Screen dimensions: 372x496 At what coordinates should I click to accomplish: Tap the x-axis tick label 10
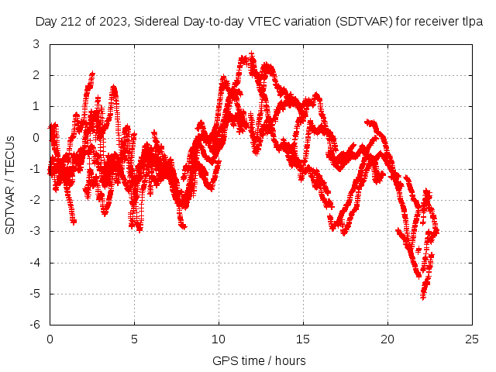point(219,339)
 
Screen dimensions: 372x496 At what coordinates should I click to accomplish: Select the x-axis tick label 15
point(303,339)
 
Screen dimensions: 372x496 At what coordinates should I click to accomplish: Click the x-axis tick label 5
point(134,339)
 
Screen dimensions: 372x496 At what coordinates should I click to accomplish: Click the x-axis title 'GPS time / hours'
point(259,360)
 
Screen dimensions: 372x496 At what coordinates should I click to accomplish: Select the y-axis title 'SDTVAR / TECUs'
point(11,184)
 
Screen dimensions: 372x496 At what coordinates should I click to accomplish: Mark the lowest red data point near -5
point(423,296)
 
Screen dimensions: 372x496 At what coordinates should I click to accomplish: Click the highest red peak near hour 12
point(251,54)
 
